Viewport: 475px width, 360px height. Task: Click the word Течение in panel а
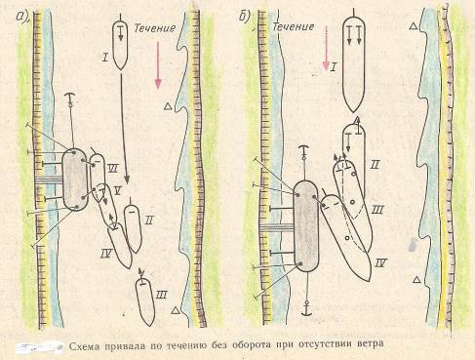[154, 28]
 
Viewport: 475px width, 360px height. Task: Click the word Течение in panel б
[294, 26]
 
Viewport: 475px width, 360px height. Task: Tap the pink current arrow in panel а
[158, 65]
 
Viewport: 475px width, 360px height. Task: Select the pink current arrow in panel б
[326, 48]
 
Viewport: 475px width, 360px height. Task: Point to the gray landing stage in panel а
[75, 180]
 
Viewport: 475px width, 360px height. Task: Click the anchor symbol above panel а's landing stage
[69, 98]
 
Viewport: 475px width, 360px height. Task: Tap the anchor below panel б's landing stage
[306, 308]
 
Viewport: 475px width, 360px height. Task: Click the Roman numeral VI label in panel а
[113, 169]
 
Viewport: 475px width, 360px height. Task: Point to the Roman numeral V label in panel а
[117, 191]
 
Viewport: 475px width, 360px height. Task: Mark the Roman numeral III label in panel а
[161, 295]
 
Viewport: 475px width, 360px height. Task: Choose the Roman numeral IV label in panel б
[379, 262]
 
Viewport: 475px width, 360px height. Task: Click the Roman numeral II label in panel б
[375, 165]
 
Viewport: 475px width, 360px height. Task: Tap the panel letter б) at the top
[246, 17]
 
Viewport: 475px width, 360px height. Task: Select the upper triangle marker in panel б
[414, 26]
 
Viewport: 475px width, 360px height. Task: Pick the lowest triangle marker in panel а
[176, 310]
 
